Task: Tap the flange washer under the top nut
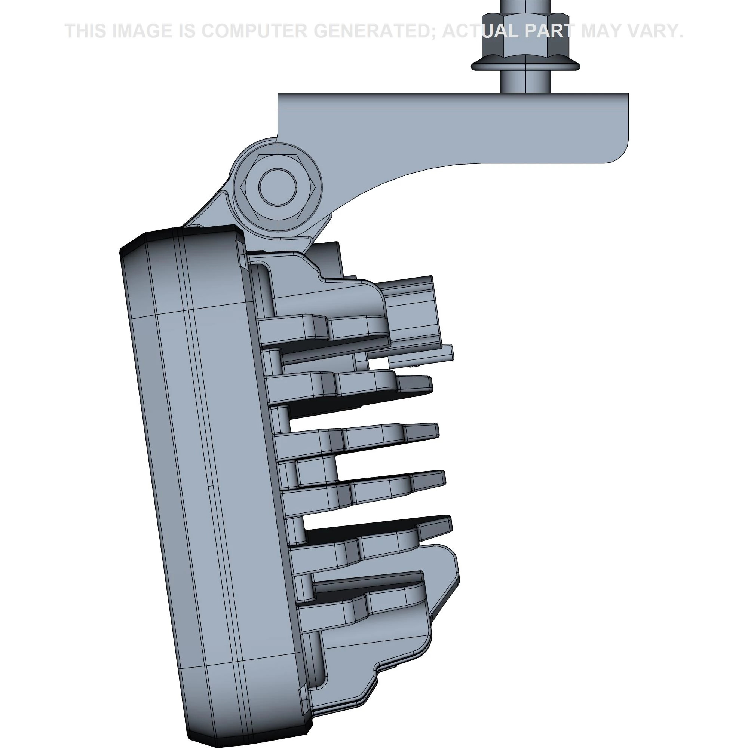(x=525, y=66)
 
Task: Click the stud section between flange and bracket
(x=525, y=82)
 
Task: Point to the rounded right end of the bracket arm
(x=616, y=151)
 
